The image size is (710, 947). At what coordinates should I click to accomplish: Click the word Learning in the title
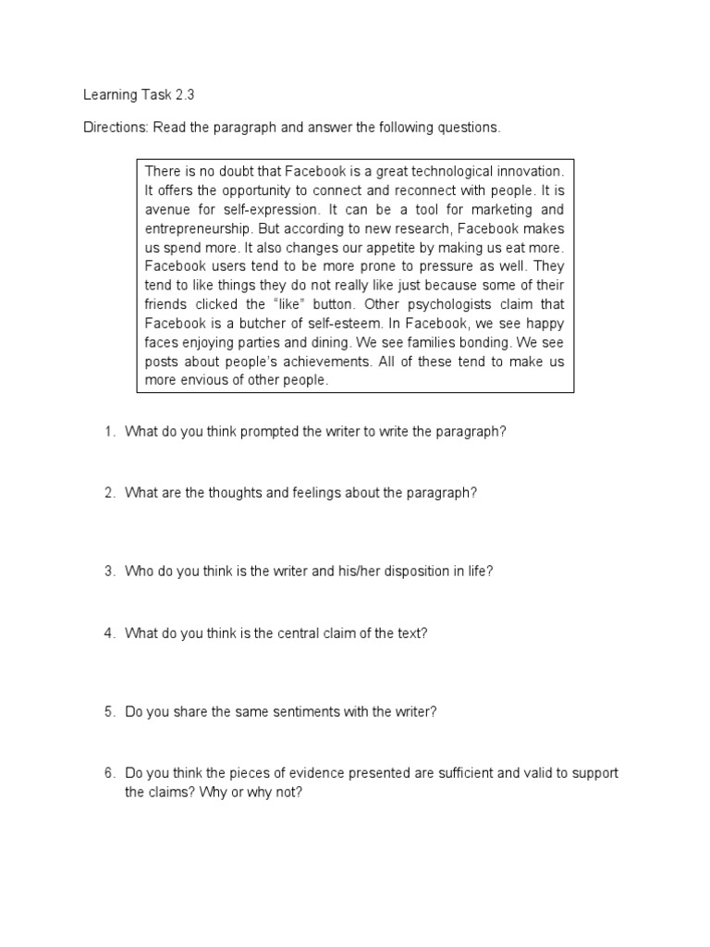point(108,94)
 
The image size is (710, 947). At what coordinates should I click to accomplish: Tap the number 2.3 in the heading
point(184,94)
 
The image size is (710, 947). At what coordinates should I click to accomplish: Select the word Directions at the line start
point(115,127)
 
